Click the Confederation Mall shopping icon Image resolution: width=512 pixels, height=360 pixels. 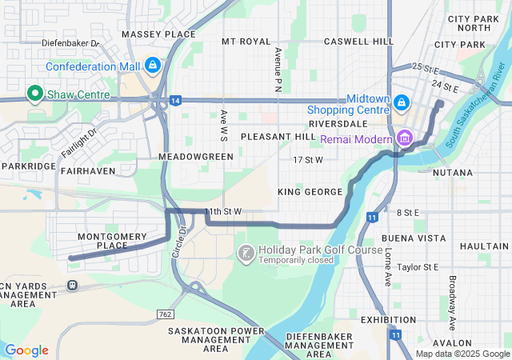click(153, 65)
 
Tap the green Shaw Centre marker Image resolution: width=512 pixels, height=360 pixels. click(34, 94)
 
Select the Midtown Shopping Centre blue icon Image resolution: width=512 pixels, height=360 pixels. click(401, 103)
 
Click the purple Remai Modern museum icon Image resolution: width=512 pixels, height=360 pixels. click(405, 138)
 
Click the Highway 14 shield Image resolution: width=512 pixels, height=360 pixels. click(175, 100)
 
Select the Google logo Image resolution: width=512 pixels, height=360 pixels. click(26, 350)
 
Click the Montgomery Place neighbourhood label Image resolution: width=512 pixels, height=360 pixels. click(112, 241)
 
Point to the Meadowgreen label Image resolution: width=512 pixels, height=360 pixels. click(196, 157)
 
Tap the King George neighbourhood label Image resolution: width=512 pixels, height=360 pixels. click(310, 192)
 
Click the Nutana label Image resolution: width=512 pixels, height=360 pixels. click(452, 172)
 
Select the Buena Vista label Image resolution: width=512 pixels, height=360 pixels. click(414, 238)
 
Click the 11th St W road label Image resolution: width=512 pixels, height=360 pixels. click(222, 211)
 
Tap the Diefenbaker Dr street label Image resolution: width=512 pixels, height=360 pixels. click(70, 43)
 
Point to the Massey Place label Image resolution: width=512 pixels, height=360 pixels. click(158, 34)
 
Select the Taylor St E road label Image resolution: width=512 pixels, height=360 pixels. click(418, 266)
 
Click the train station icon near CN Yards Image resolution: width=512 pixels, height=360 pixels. click(73, 284)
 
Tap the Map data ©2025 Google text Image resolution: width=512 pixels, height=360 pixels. click(462, 354)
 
